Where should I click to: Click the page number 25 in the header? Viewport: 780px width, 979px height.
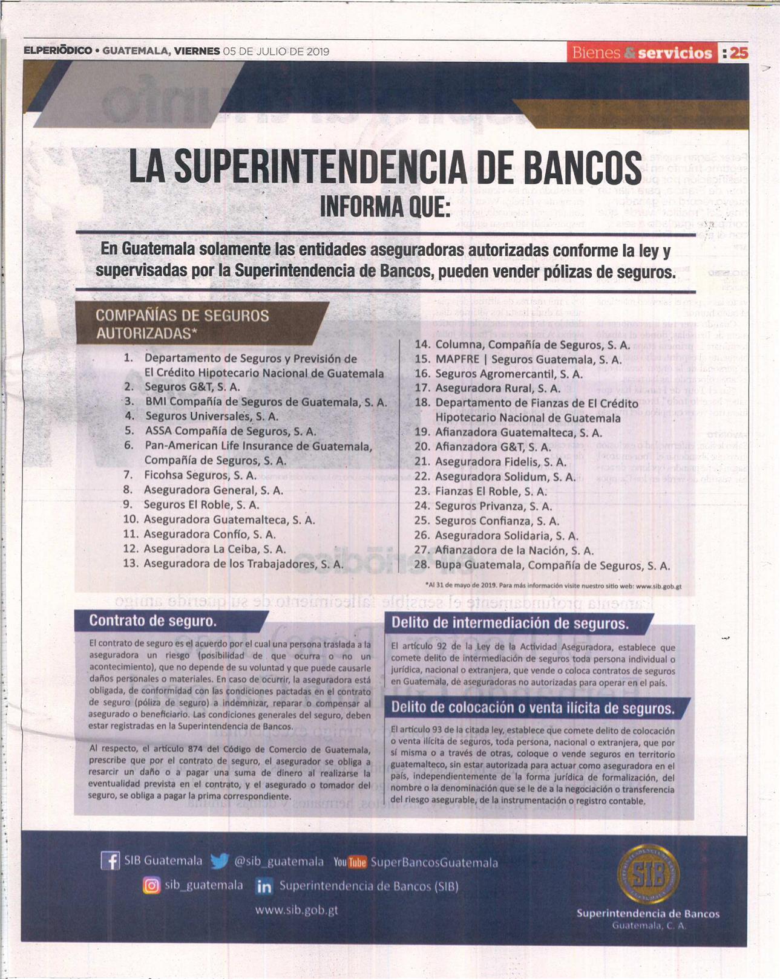tap(738, 53)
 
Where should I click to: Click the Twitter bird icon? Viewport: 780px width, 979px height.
tap(219, 860)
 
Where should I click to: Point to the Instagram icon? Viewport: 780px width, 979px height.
tap(151, 885)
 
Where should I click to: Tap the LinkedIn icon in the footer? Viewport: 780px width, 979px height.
tap(264, 886)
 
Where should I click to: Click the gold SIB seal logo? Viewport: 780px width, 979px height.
tap(647, 874)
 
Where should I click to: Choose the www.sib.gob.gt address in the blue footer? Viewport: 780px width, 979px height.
tap(297, 909)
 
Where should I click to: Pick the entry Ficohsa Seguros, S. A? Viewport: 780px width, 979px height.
tap(200, 475)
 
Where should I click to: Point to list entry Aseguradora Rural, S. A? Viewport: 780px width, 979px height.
tap(497, 388)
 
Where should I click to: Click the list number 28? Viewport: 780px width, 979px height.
tap(422, 565)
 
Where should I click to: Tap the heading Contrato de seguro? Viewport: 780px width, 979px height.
tap(152, 621)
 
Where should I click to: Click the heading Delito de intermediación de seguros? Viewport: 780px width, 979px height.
tap(510, 623)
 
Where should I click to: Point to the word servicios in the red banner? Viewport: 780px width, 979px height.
tap(675, 53)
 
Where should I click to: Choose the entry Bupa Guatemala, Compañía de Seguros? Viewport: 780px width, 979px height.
tap(552, 566)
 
